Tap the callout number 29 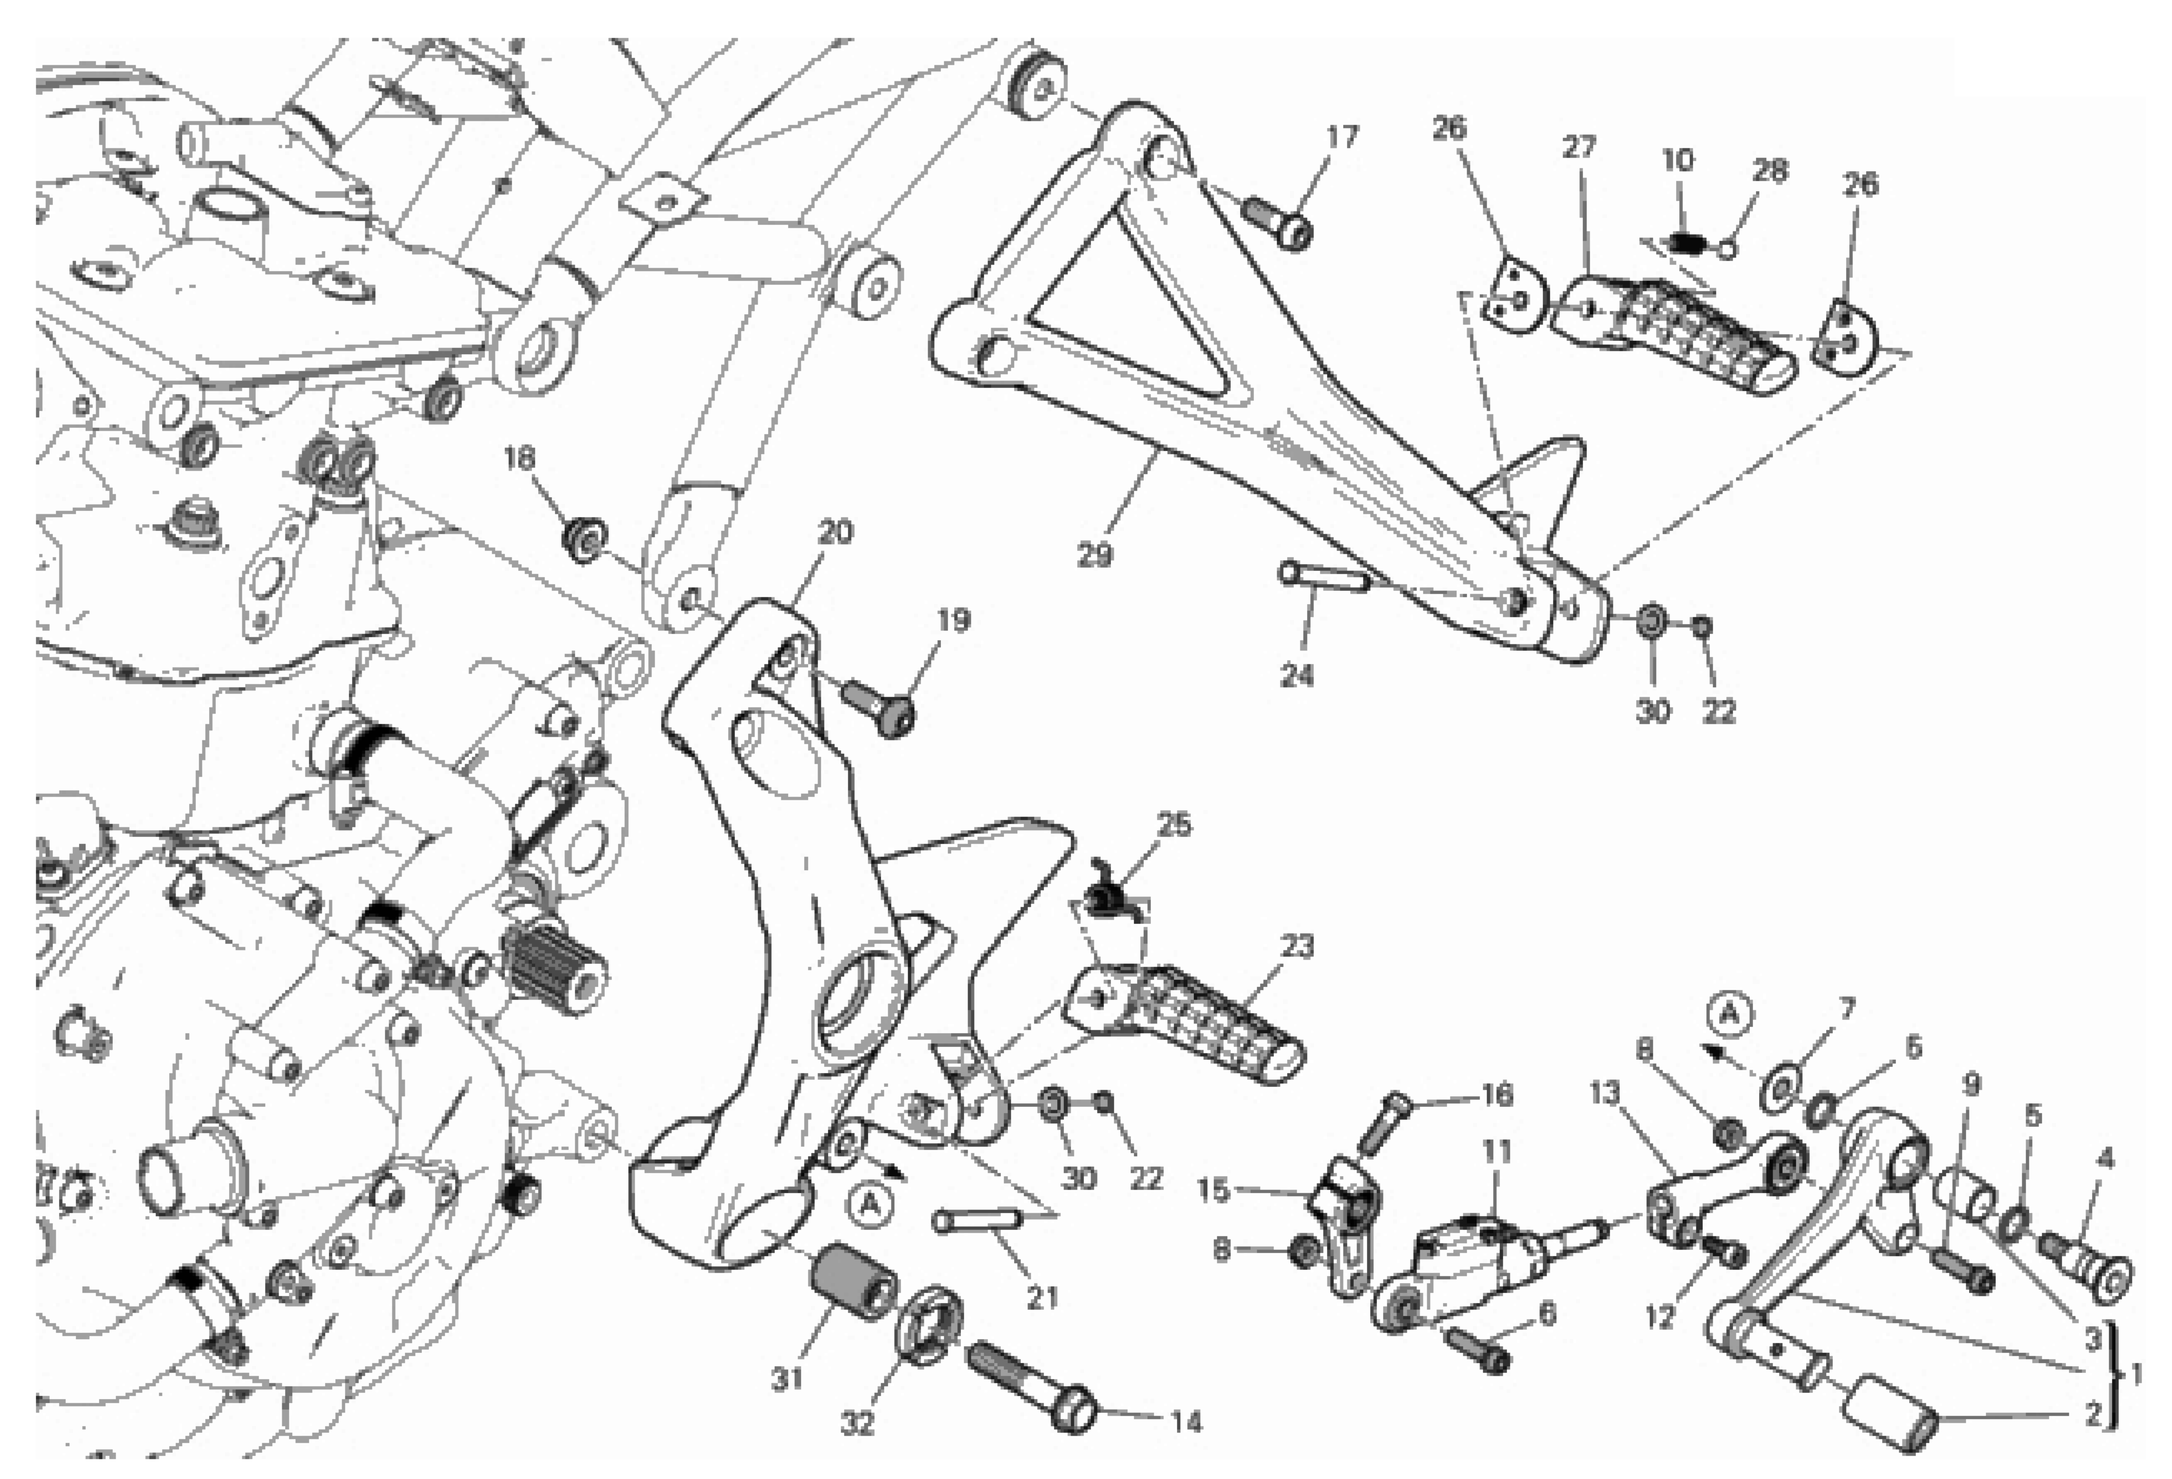(1094, 555)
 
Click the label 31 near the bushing (788, 1378)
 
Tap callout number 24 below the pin (1296, 675)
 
